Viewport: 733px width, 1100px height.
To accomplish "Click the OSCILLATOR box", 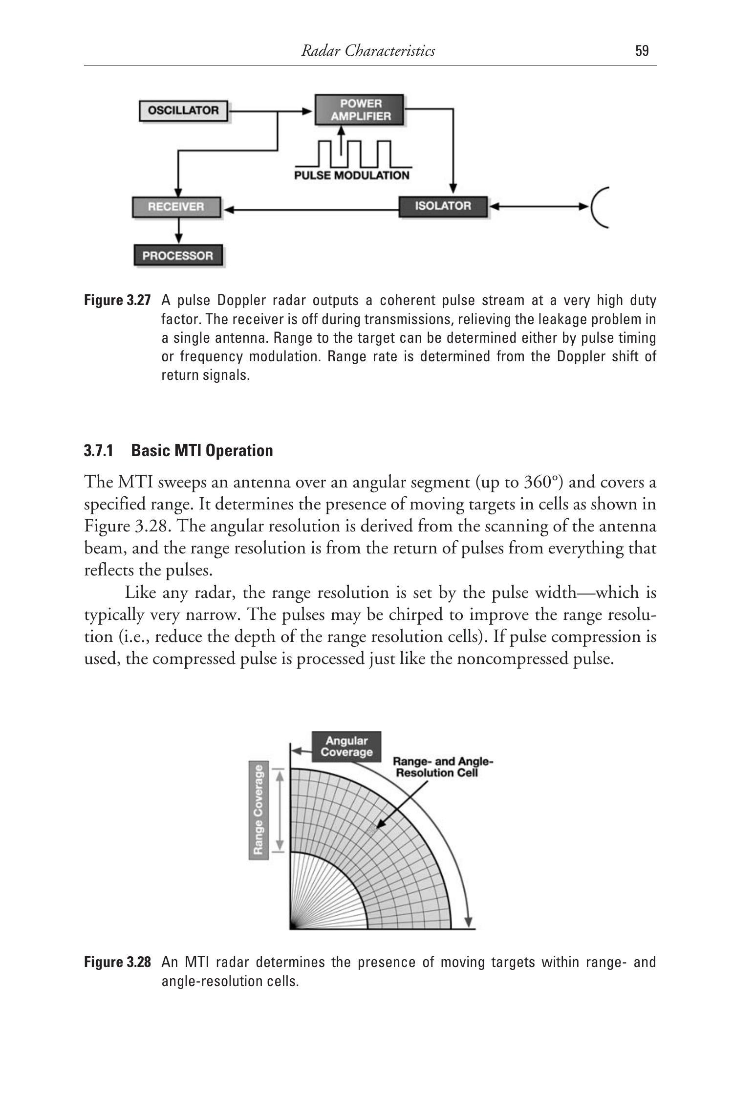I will coord(183,110).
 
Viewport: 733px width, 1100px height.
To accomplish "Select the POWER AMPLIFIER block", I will coord(360,110).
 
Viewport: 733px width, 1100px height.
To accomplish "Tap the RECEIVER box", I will coord(176,207).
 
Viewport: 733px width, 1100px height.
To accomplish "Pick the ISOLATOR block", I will coord(443,206).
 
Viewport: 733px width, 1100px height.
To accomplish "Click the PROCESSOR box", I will coord(178,256).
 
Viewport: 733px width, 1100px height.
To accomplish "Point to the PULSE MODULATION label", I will coord(352,176).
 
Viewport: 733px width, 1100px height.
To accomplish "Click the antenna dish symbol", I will coord(599,207).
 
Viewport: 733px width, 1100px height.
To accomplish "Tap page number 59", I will coord(642,51).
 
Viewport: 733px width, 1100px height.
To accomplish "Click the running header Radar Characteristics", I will coord(368,51).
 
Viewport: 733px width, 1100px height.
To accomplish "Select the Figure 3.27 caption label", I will coord(117,300).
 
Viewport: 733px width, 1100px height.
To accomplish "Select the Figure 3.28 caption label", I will coord(117,962).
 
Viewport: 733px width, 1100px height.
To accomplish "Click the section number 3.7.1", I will coord(98,450).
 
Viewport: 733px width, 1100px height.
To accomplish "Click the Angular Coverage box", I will coord(346,747).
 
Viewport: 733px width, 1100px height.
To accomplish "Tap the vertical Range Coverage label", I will coord(259,809).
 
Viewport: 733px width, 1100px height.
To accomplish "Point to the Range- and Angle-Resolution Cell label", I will coord(443,767).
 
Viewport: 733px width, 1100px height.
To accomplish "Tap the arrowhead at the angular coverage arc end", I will coord(469,921).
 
